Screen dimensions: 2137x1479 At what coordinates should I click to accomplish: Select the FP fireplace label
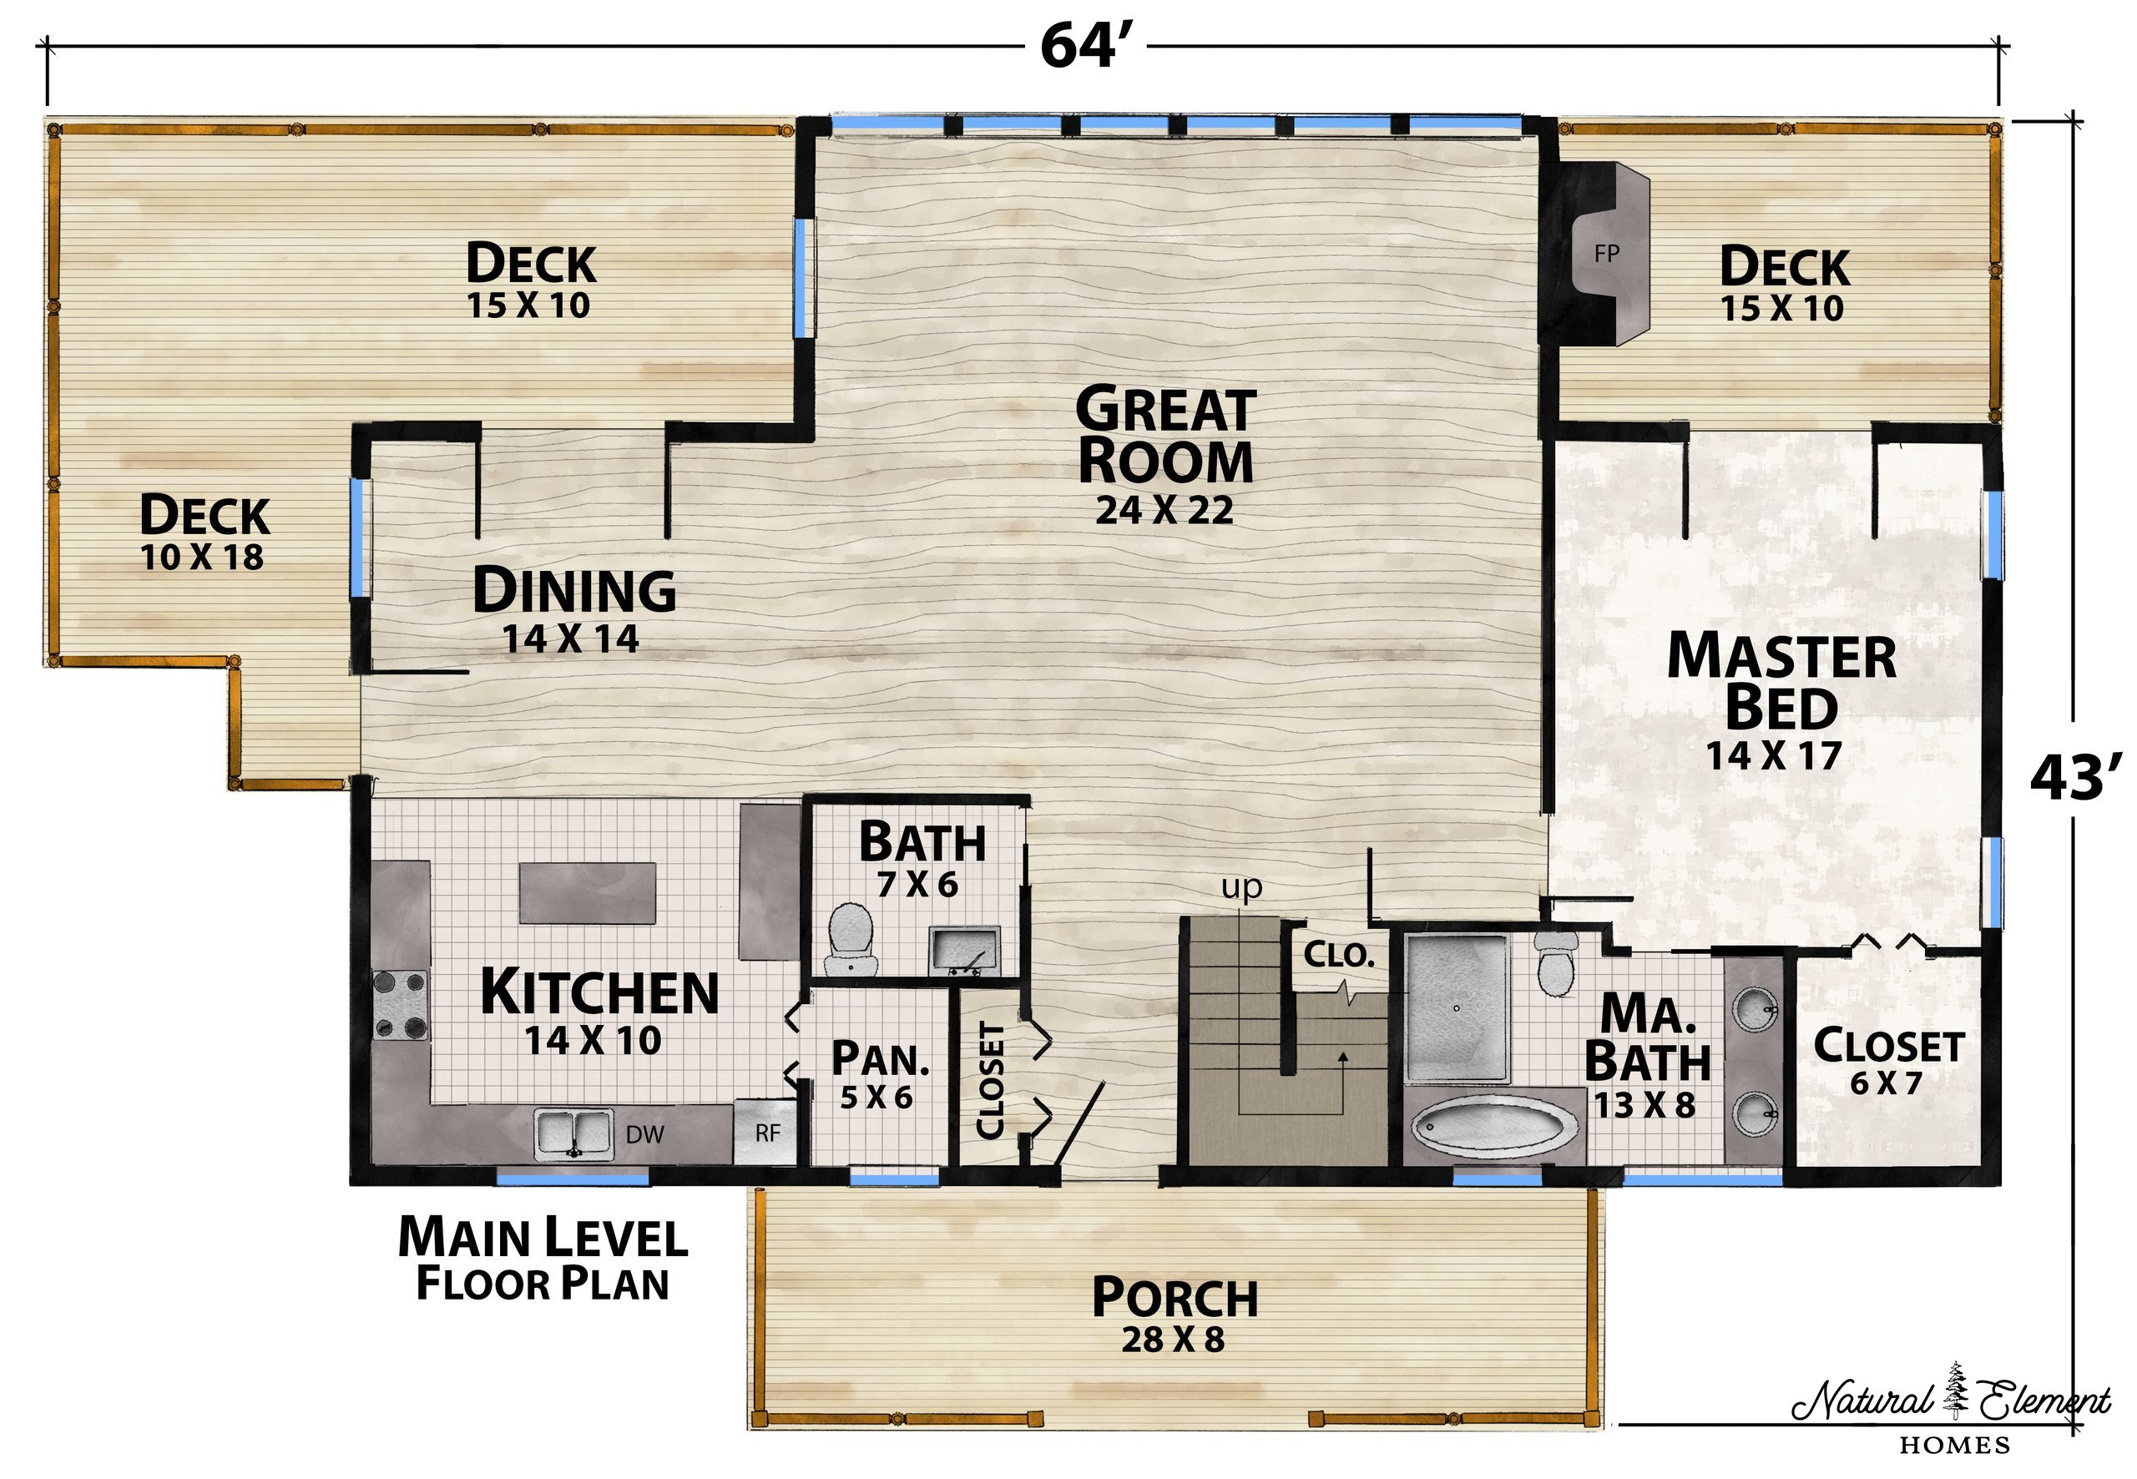(x=1607, y=253)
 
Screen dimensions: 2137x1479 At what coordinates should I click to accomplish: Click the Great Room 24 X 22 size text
(x=1164, y=511)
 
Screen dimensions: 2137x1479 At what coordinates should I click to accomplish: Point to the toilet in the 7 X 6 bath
(x=850, y=938)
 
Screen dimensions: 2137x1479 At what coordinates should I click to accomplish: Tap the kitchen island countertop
(x=589, y=891)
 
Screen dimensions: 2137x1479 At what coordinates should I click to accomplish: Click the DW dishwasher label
(x=645, y=1134)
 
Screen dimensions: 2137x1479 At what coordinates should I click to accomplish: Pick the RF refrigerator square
(x=765, y=1132)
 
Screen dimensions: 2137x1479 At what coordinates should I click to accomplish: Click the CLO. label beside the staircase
(x=1339, y=955)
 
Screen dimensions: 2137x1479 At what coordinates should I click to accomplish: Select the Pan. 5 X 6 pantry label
(x=880, y=1075)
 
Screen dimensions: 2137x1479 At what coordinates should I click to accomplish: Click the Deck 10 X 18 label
(x=204, y=532)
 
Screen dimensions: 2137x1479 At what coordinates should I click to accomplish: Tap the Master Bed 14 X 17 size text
(x=1774, y=755)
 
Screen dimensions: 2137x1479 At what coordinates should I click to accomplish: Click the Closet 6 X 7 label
(x=1887, y=1062)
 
